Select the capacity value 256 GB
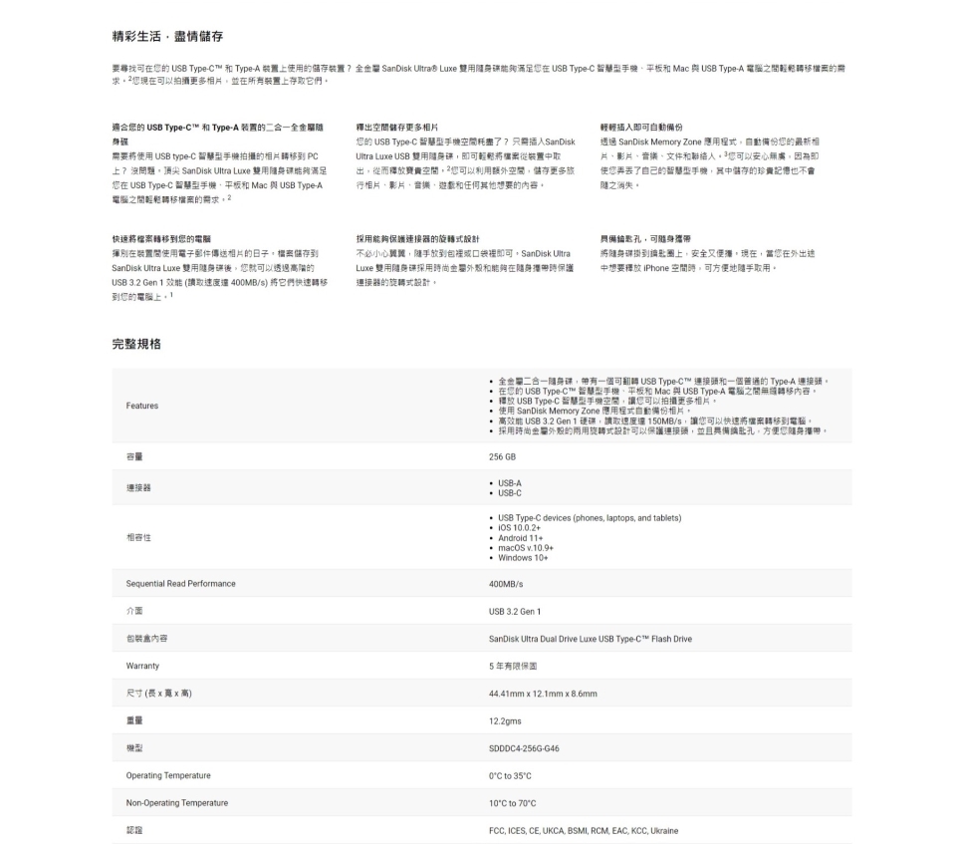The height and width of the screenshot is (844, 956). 502,456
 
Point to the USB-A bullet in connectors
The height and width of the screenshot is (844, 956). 509,482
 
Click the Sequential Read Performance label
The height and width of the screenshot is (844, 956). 181,583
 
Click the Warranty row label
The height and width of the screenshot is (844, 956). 144,665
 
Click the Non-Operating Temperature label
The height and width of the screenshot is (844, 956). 177,802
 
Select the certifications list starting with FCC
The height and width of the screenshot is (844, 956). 584,829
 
